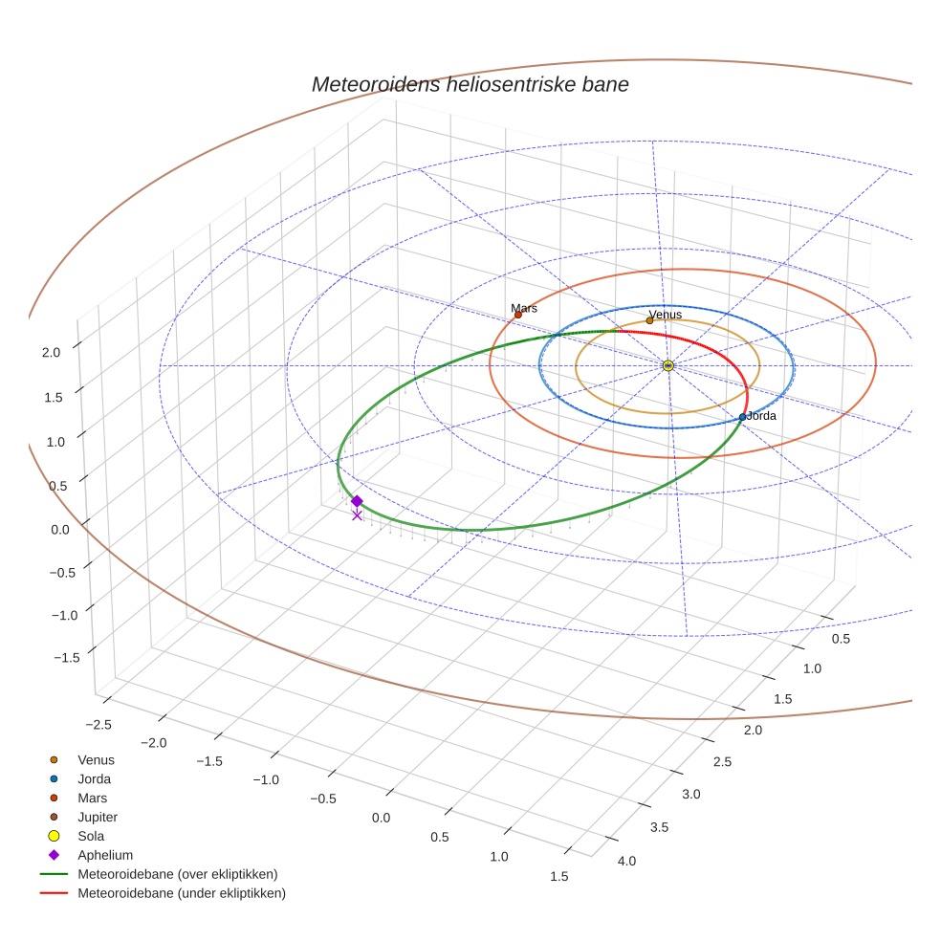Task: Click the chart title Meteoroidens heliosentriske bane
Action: click(x=470, y=84)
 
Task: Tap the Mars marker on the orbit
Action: click(x=518, y=315)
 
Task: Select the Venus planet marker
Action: click(x=650, y=320)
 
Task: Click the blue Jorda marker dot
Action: click(x=742, y=417)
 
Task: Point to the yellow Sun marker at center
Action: click(x=667, y=365)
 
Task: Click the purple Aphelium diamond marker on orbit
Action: click(x=357, y=501)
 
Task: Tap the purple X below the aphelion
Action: click(x=357, y=515)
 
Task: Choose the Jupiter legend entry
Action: click(x=98, y=817)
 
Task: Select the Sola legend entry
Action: click(x=91, y=836)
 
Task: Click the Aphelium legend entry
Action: click(x=105, y=855)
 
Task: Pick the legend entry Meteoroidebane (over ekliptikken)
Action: click(x=177, y=874)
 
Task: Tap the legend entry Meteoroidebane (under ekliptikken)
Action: click(x=181, y=893)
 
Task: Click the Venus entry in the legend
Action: click(x=96, y=760)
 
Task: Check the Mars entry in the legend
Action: click(x=92, y=798)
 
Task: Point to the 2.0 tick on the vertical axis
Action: click(x=51, y=352)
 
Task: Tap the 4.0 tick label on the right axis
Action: click(x=626, y=861)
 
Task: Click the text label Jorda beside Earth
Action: click(x=761, y=417)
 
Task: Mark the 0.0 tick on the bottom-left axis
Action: click(x=381, y=818)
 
